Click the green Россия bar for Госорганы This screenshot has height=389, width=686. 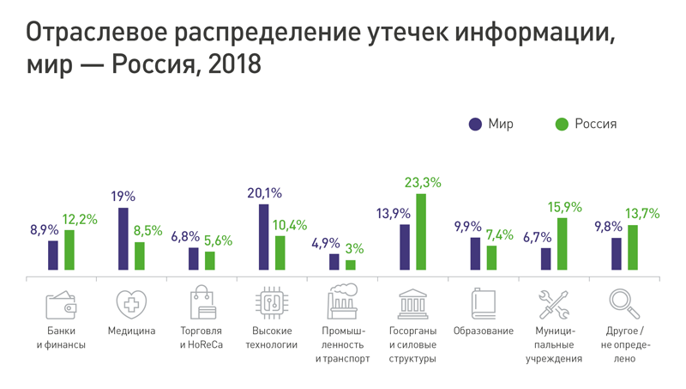point(420,232)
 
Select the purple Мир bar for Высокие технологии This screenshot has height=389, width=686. point(263,237)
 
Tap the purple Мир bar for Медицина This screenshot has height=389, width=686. point(123,239)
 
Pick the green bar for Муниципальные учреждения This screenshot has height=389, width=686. point(562,244)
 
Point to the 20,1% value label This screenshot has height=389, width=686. point(264,193)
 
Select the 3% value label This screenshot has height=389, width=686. point(354,249)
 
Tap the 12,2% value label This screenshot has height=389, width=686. point(80,219)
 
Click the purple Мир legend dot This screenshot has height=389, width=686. point(475,124)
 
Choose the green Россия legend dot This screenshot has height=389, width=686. point(562,124)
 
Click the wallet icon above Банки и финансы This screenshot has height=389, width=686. point(62,305)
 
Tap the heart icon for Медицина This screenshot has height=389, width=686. point(131,304)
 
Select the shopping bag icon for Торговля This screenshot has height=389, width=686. point(202,303)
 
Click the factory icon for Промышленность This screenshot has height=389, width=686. point(342,303)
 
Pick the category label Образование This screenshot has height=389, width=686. point(483,331)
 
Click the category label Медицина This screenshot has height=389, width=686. point(131,331)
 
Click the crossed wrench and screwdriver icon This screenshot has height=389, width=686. point(553,304)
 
